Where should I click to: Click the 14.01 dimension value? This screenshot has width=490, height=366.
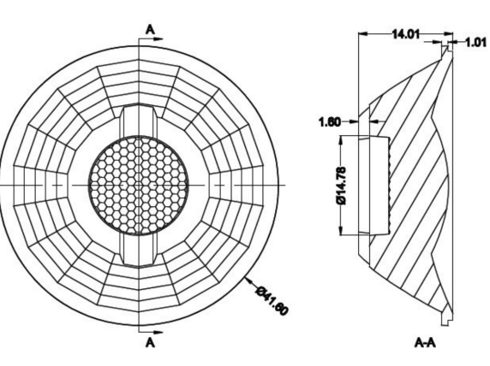(406, 33)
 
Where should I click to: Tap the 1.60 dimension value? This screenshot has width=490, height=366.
(330, 121)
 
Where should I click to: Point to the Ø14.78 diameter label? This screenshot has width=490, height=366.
(341, 186)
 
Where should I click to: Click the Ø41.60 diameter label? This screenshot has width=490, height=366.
(272, 300)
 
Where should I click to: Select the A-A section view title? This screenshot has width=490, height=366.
(425, 343)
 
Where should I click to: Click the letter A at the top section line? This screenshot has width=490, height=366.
(150, 30)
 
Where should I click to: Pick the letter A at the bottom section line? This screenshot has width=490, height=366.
(150, 343)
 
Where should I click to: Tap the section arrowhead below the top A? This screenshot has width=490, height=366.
(158, 39)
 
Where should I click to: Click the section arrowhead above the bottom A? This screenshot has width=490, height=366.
(158, 332)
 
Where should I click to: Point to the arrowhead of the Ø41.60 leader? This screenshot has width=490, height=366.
(248, 280)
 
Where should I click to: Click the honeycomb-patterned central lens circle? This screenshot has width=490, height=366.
(139, 186)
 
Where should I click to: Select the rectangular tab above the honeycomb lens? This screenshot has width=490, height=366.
(139, 121)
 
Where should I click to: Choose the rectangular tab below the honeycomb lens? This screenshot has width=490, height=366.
(139, 250)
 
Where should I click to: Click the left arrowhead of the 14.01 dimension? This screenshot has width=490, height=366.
(364, 33)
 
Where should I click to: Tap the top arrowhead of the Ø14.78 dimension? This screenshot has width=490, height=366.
(341, 141)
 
